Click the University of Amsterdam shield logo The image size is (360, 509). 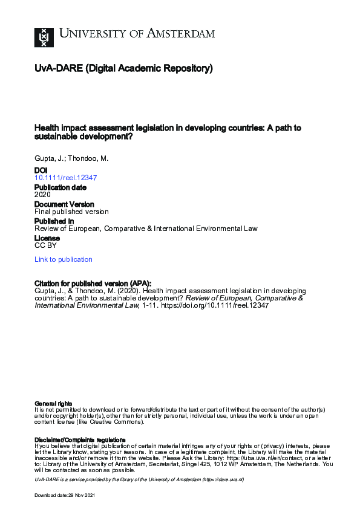[x=44, y=36]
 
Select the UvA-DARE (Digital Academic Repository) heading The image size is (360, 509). [x=124, y=69]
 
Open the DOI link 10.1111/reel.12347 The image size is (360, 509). [x=66, y=178]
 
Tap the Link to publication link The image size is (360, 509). [x=64, y=259]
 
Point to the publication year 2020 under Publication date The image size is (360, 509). [x=43, y=195]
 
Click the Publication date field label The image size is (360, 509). [x=61, y=187]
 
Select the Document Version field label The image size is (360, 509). [x=64, y=204]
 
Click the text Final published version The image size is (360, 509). [x=71, y=212]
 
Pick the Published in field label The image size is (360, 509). [x=54, y=221]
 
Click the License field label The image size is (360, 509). [x=47, y=238]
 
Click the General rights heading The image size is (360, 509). [x=53, y=403]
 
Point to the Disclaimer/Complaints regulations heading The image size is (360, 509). [x=80, y=439]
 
